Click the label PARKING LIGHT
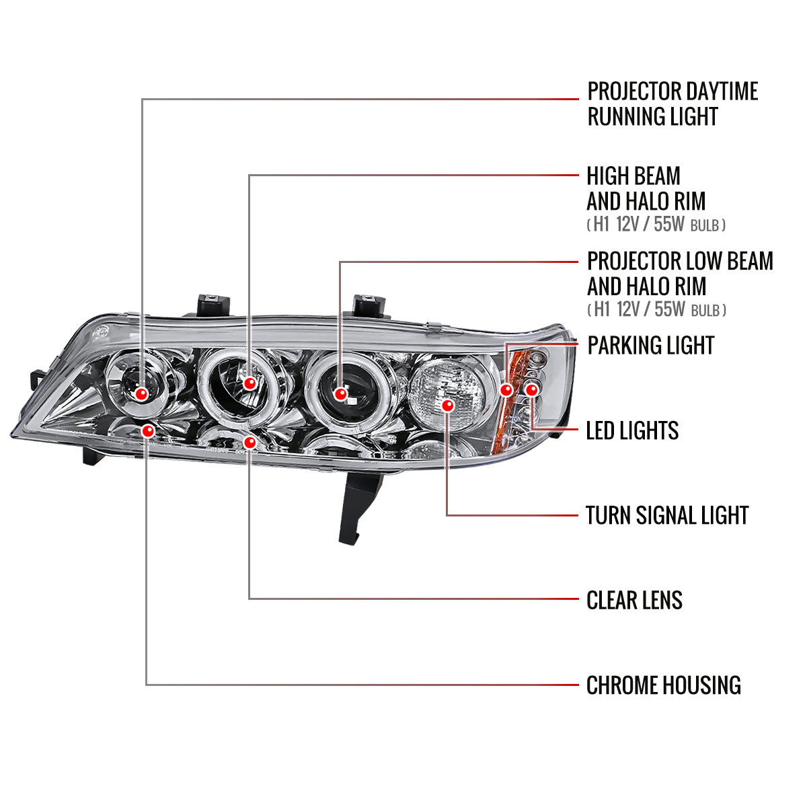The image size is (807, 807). (x=650, y=346)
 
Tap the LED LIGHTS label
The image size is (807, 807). (x=632, y=431)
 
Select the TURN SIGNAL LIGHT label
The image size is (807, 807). (x=666, y=516)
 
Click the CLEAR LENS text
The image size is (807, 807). (x=634, y=601)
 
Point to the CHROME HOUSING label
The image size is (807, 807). (x=663, y=686)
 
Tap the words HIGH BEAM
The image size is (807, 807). (x=633, y=176)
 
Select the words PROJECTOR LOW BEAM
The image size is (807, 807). (x=679, y=261)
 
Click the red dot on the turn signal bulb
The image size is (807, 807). (x=448, y=406)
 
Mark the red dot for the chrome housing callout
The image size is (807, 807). (x=148, y=430)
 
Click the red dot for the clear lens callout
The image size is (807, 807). (x=250, y=442)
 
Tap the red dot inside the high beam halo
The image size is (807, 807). (x=250, y=383)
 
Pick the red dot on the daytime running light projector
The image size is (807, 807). (x=141, y=394)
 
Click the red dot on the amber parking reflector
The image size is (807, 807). (x=507, y=390)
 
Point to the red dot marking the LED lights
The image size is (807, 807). (x=531, y=389)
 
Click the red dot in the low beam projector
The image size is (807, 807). (x=341, y=394)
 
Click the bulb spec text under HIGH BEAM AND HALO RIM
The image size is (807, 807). (x=656, y=225)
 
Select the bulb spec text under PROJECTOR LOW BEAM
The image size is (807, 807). (x=656, y=309)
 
